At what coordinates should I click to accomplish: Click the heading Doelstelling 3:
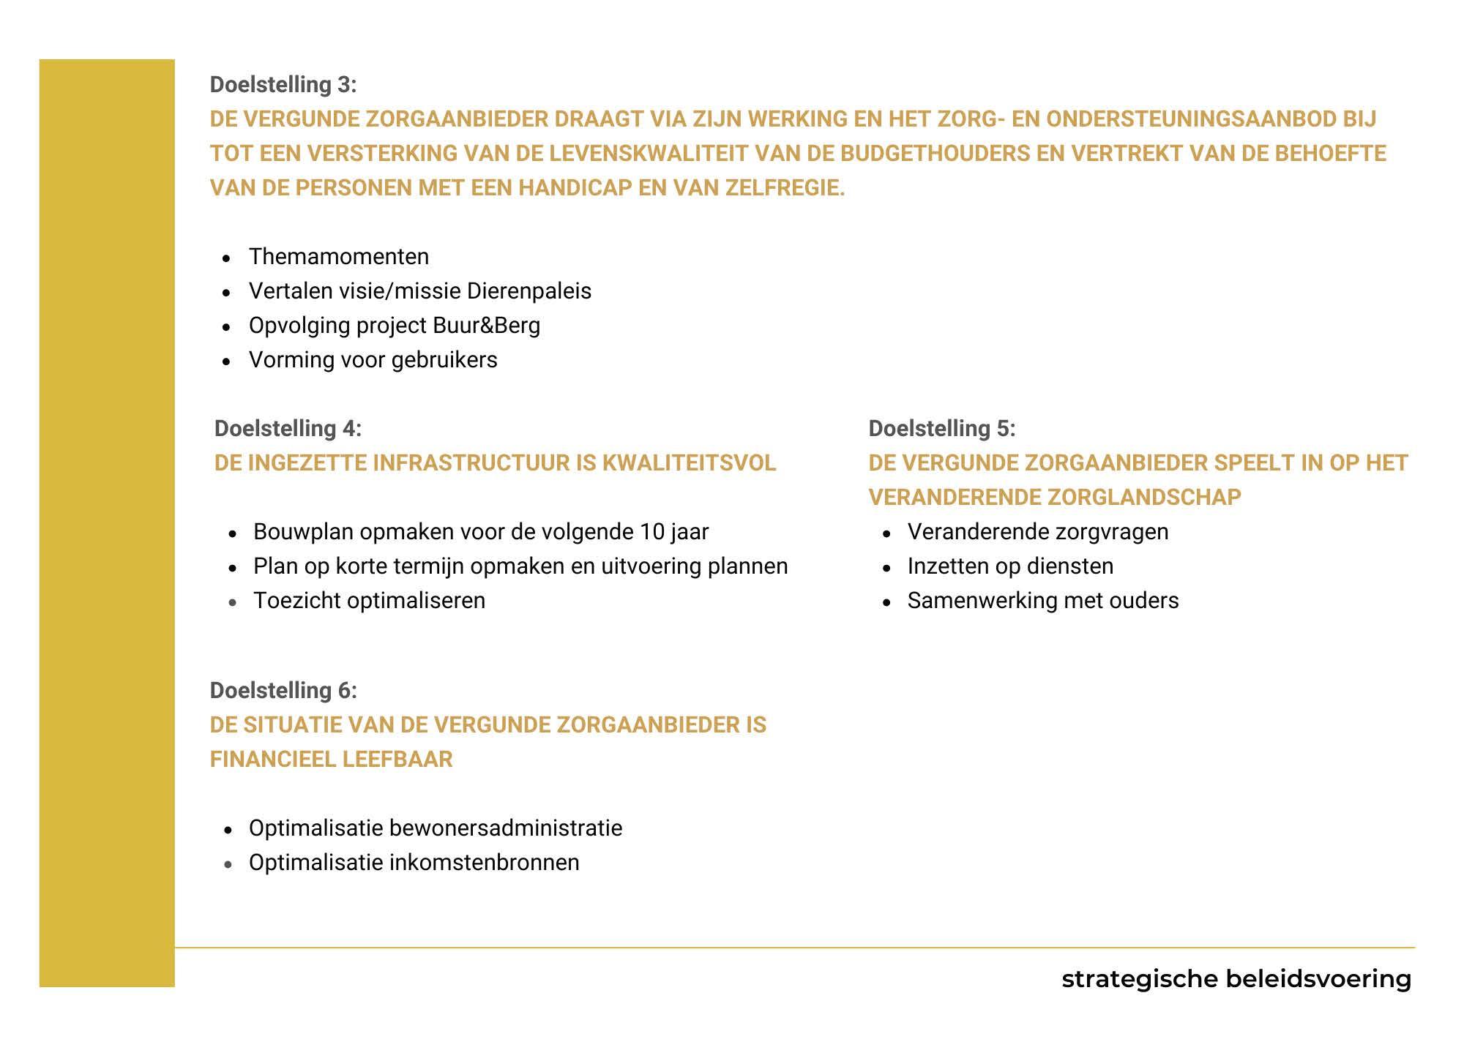click(x=283, y=85)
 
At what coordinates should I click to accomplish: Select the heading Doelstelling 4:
click(x=288, y=429)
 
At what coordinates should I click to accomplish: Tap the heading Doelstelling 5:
click(x=942, y=429)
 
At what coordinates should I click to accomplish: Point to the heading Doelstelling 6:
click(x=283, y=691)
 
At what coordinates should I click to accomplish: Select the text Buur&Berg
click(x=486, y=326)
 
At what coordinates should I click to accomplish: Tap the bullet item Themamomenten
click(x=339, y=257)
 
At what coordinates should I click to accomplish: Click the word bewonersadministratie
click(x=506, y=828)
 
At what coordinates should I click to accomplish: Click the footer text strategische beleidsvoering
click(x=1236, y=979)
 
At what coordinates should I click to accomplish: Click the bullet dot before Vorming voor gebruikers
click(x=228, y=361)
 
